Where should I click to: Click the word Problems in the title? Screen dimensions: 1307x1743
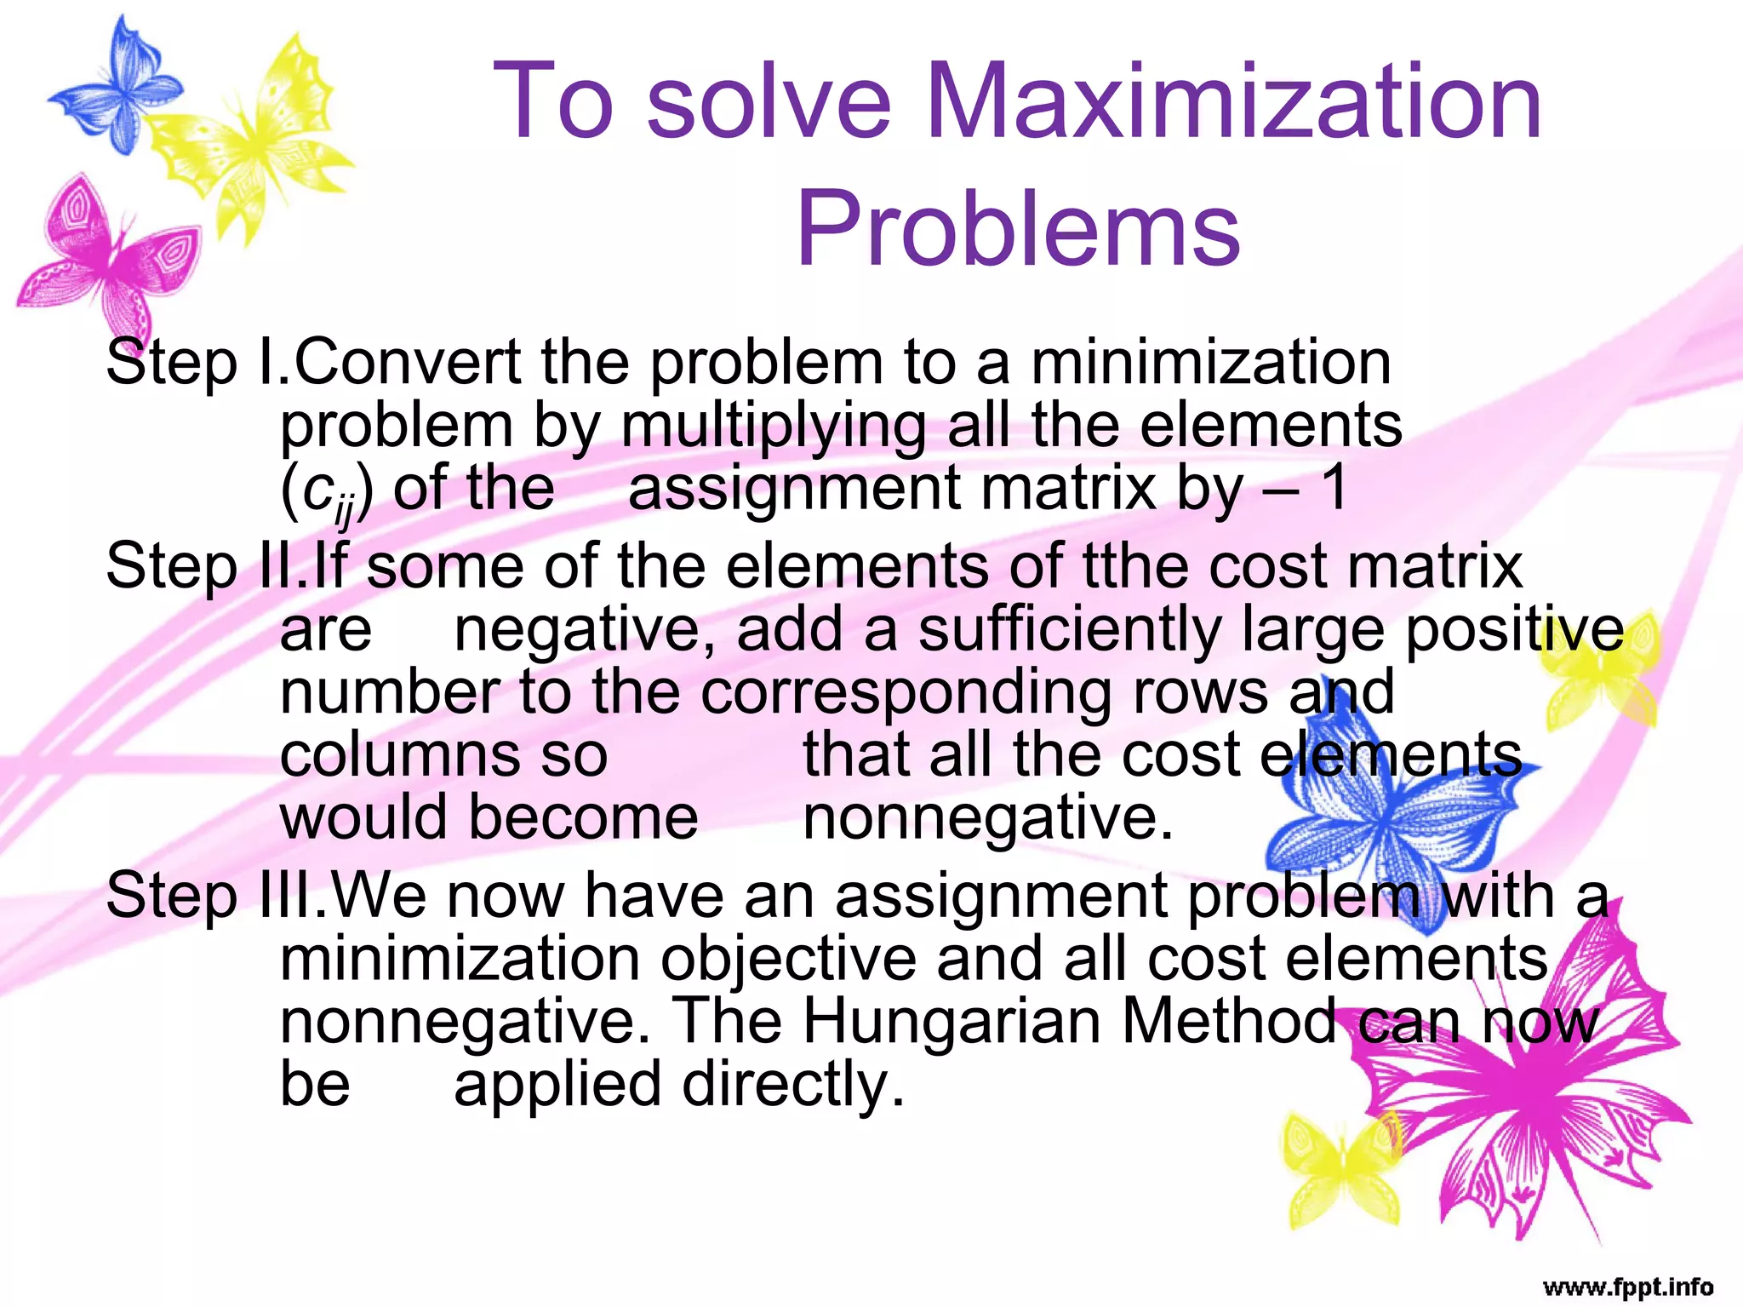pos(1018,228)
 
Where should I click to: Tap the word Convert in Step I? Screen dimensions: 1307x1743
pos(407,363)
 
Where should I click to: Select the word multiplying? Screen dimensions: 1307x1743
pos(773,426)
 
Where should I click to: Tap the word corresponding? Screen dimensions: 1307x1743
pos(906,691)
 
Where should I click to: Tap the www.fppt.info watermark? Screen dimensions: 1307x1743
pos(1627,1286)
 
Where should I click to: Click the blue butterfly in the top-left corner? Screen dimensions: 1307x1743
pos(115,85)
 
